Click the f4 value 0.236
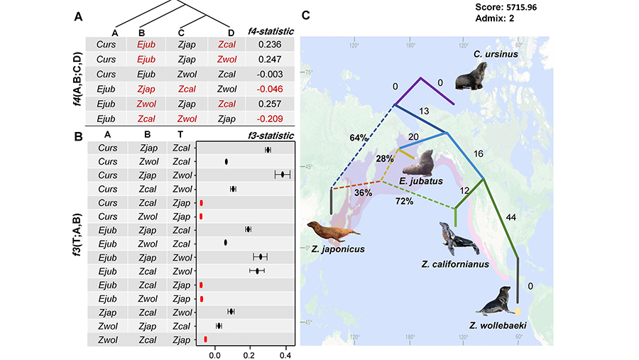270,44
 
